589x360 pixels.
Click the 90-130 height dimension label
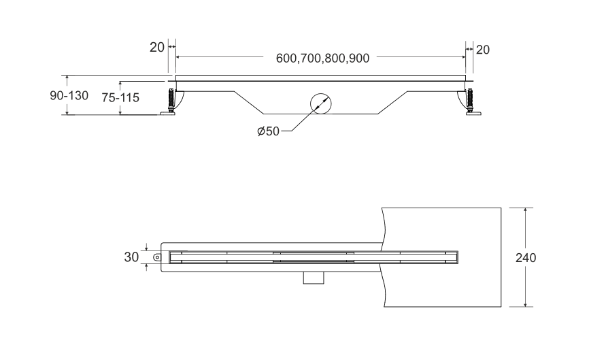(x=69, y=95)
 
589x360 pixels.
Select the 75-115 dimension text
(x=120, y=98)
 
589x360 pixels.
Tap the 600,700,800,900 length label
(x=322, y=59)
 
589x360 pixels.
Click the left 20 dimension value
(x=157, y=48)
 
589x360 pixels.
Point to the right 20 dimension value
(x=483, y=50)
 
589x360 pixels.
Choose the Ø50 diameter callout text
(x=268, y=131)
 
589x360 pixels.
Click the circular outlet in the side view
(x=321, y=103)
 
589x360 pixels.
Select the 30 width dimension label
(x=131, y=257)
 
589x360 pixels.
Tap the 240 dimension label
(x=526, y=258)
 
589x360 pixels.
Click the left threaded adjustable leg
(x=171, y=99)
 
